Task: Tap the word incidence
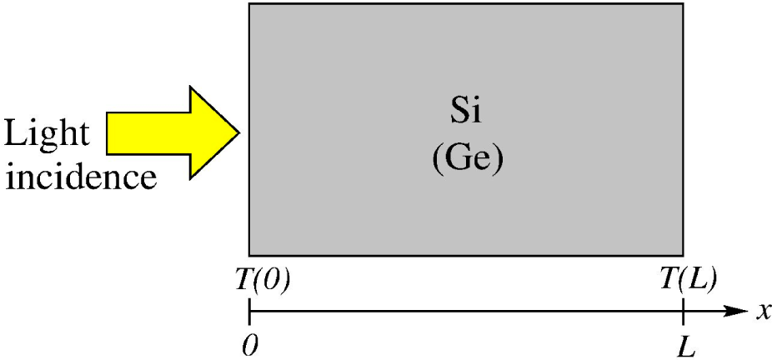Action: (80, 176)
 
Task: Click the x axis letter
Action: (761, 312)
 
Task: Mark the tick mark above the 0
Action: (250, 312)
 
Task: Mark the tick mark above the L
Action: (684, 312)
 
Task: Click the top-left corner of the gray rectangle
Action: (249, 3)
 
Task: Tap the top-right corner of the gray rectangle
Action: (684, 3)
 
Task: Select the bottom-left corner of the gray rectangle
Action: (249, 255)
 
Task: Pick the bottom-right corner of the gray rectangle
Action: (684, 255)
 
